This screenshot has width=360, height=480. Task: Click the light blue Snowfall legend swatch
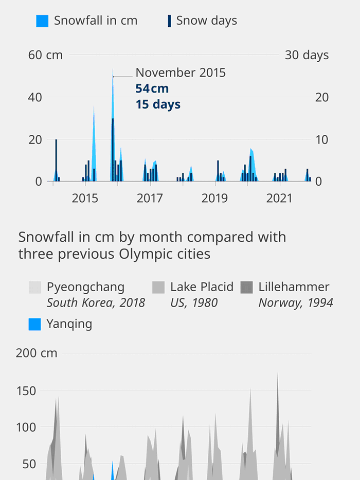pyautogui.click(x=42, y=21)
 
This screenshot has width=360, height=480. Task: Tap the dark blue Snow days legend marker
pyautogui.click(x=169, y=21)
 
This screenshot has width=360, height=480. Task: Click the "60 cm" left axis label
pyautogui.click(x=45, y=55)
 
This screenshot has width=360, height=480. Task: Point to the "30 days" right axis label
pyautogui.click(x=307, y=55)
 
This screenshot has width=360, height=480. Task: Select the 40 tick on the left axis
pyautogui.click(x=35, y=97)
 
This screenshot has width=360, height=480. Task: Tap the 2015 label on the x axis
pyautogui.click(x=85, y=198)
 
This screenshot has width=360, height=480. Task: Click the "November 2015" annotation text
pyautogui.click(x=181, y=73)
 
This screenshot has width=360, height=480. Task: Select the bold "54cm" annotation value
pyautogui.click(x=152, y=88)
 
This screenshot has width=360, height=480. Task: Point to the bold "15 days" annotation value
pyautogui.click(x=158, y=104)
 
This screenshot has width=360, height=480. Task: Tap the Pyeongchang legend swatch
pyautogui.click(x=34, y=287)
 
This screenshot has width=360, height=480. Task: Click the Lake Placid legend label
pyautogui.click(x=202, y=287)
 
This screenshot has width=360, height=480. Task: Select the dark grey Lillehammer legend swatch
pyautogui.click(x=247, y=287)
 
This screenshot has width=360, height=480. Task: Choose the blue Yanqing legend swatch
pyautogui.click(x=34, y=324)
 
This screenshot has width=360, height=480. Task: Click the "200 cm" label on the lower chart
pyautogui.click(x=37, y=353)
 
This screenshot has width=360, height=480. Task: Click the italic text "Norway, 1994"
pyautogui.click(x=296, y=303)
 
